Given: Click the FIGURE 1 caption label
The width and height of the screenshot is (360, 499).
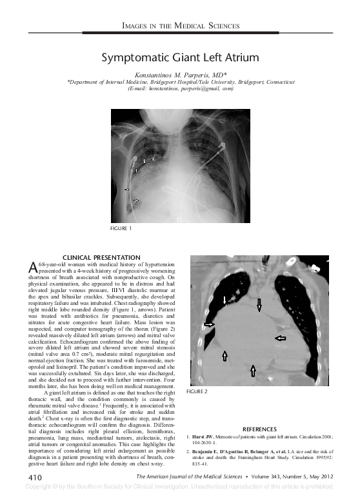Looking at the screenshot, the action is coord(121,228).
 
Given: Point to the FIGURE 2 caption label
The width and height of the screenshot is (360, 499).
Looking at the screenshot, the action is coord(197,391).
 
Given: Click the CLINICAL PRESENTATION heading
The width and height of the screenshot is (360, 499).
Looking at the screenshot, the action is coord(101,258).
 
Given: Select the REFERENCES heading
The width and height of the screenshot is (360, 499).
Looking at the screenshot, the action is coord(259,429).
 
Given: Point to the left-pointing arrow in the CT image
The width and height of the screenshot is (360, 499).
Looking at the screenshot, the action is coord(280,338).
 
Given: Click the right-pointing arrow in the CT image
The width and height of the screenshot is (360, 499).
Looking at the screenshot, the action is coord(210,323).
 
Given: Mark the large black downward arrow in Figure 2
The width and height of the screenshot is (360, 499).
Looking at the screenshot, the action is coord(259,304).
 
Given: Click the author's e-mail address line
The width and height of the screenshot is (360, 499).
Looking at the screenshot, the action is coord(180,88).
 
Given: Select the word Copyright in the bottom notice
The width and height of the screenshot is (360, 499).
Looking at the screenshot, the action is coord(39,488).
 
